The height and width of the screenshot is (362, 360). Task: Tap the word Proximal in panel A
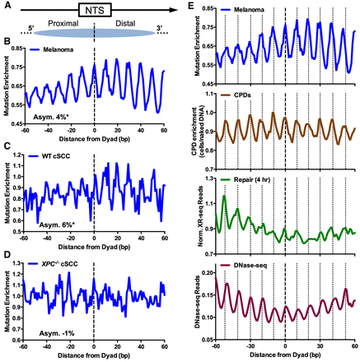(x=63, y=25)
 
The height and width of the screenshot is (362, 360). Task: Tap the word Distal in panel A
(x=123, y=25)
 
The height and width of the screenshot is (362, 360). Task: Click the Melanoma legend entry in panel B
(x=60, y=51)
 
